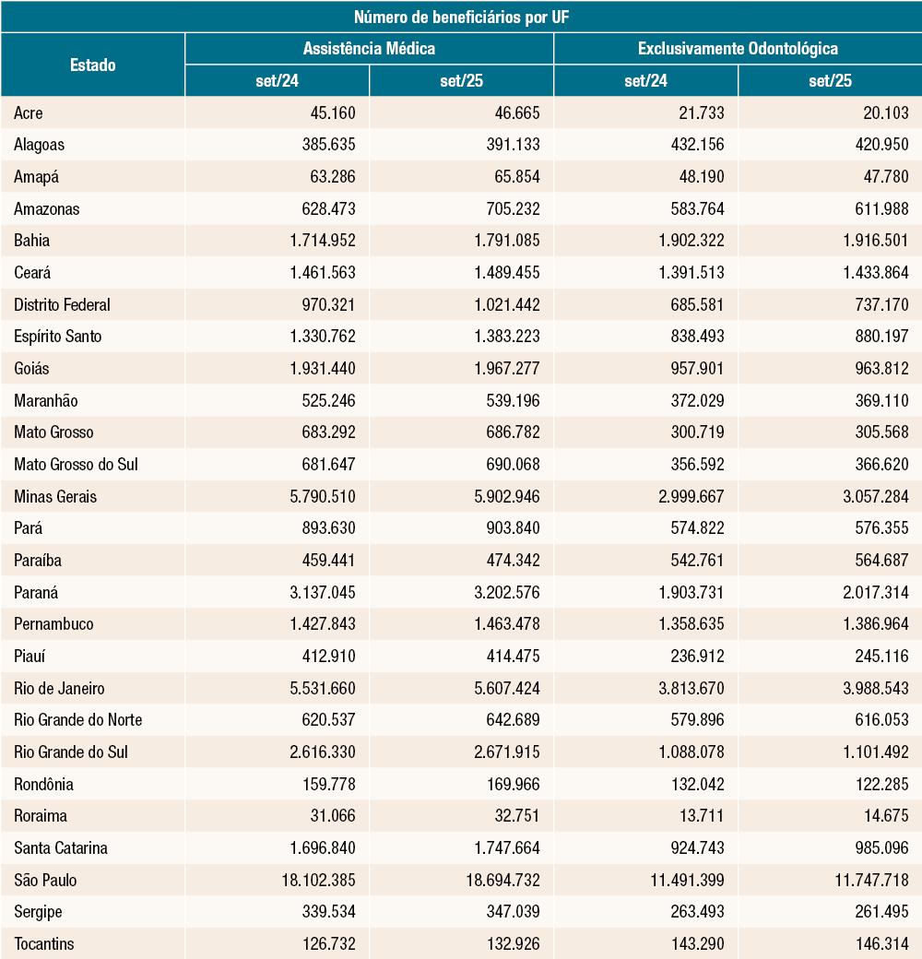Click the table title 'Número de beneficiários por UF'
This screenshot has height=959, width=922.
(461, 17)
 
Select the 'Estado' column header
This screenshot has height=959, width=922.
(92, 65)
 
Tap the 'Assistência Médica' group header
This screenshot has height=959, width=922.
(369, 49)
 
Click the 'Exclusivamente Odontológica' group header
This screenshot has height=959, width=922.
(738, 49)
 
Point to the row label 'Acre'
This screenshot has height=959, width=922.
(29, 112)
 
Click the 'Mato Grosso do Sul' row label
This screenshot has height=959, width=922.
(76, 464)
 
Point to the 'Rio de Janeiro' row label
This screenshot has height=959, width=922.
(59, 688)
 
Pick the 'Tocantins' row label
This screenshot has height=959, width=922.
(44, 943)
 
